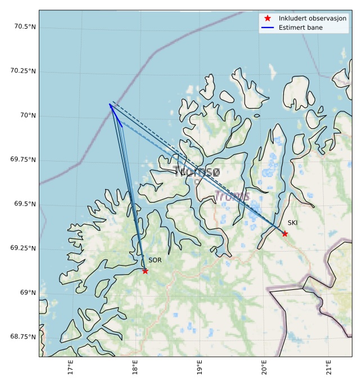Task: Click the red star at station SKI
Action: point(285,234)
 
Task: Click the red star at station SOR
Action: point(145,271)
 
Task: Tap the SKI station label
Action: point(292,223)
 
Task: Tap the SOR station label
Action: point(155,261)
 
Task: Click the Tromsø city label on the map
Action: point(197,172)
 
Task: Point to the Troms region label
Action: point(232,196)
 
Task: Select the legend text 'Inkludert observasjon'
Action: point(313,18)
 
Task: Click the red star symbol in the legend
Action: point(268,18)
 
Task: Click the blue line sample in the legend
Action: point(268,27)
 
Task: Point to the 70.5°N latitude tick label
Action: point(24,27)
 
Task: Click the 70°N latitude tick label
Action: point(28,115)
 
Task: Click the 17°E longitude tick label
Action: point(70,369)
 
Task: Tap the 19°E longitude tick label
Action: point(200,369)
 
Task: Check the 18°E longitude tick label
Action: point(135,369)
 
